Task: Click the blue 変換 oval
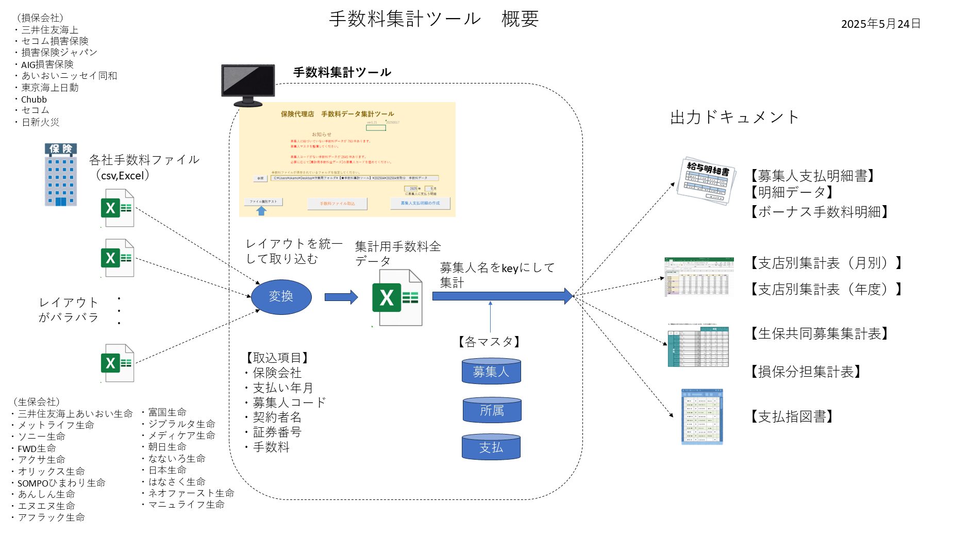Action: coord(281,296)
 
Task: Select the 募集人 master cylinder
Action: coord(491,371)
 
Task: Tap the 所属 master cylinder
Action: coord(492,410)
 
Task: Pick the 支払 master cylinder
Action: coord(491,447)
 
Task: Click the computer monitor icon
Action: coord(248,85)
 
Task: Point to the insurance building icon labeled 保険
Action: coord(61,175)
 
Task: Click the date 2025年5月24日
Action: coord(880,24)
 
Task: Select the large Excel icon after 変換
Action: coord(397,298)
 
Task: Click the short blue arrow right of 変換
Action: coord(341,297)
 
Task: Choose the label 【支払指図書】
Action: coord(792,416)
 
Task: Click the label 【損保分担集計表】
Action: coord(806,372)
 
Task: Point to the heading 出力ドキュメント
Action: coord(734,118)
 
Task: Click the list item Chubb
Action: coord(34,99)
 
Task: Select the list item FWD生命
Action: coord(37,448)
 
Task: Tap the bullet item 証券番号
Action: coord(277,432)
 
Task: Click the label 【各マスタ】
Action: coord(489,342)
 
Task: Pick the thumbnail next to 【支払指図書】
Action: coord(701,416)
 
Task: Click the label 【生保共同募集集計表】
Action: coord(819,333)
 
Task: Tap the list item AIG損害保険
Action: coord(47,64)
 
